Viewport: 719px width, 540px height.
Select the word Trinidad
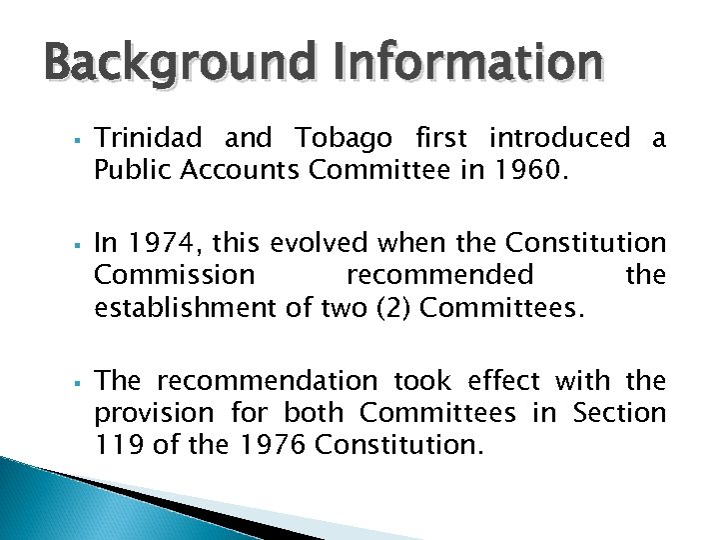pyautogui.click(x=148, y=138)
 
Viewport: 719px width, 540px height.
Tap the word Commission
pyautogui.click(x=175, y=274)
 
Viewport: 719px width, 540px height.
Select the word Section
pyautogui.click(x=619, y=412)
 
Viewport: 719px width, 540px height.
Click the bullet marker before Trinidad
pyautogui.click(x=76, y=139)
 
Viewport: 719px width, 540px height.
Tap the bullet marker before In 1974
pyautogui.click(x=76, y=243)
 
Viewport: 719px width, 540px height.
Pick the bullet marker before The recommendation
pyautogui.click(x=76, y=381)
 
